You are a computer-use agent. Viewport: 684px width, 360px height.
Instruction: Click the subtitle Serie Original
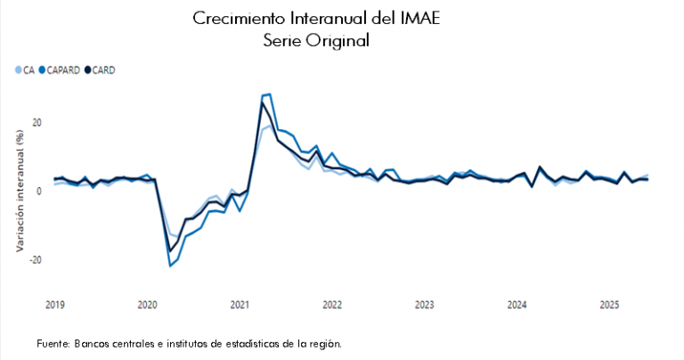pyautogui.click(x=316, y=41)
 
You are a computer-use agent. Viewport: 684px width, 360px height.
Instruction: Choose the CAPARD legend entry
pyautogui.click(x=61, y=70)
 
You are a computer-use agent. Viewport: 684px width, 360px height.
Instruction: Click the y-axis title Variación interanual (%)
pyautogui.click(x=19, y=190)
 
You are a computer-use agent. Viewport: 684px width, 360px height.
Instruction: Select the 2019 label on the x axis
pyautogui.click(x=54, y=305)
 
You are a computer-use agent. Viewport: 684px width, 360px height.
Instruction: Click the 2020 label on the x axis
pyautogui.click(x=147, y=305)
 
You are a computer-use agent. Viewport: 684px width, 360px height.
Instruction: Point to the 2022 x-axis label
pyautogui.click(x=331, y=305)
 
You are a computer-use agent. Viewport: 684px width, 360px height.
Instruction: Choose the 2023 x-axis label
pyautogui.click(x=424, y=305)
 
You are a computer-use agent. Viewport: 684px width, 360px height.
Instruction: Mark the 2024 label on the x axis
pyautogui.click(x=517, y=305)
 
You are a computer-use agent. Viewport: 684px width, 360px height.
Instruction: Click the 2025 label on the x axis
pyautogui.click(x=609, y=305)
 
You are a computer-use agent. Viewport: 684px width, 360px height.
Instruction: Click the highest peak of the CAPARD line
pyautogui.click(x=269, y=94)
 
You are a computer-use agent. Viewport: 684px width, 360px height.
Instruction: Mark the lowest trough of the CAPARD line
pyautogui.click(x=170, y=266)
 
